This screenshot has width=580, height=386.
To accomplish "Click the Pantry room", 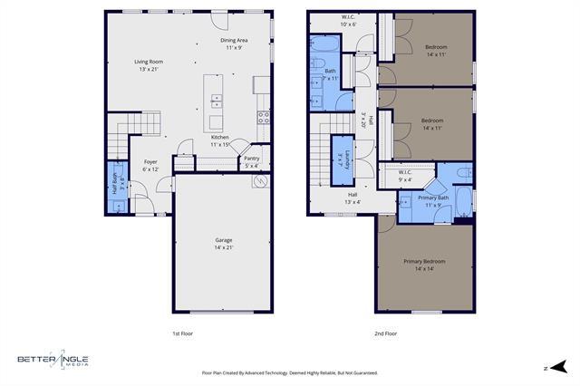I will point(252,161).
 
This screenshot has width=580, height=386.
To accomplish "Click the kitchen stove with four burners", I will point(263,117).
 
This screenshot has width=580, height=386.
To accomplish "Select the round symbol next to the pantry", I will point(258,181).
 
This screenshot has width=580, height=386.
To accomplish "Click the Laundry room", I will point(341,159).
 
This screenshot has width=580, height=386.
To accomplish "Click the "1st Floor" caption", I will point(182,333).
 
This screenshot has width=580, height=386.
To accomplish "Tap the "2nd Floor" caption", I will point(386,333).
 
